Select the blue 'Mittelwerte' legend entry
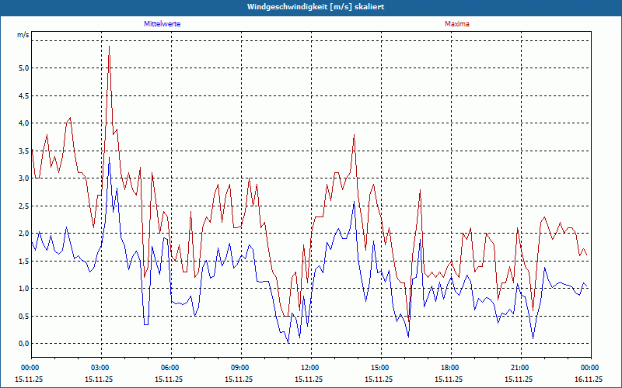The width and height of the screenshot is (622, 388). (x=162, y=24)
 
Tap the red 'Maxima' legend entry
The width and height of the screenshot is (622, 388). (x=456, y=24)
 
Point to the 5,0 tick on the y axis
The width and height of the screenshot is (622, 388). (x=23, y=68)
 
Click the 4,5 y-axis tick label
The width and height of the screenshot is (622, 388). (x=23, y=95)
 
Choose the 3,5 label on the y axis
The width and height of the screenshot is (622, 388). (x=23, y=151)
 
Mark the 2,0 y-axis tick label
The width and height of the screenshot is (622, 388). (x=23, y=234)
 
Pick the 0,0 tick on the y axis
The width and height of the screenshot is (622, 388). (x=23, y=344)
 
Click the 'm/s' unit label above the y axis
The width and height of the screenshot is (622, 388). (x=23, y=35)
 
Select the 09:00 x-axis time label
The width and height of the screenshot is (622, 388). (x=239, y=367)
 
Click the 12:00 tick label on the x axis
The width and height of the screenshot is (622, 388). (x=309, y=367)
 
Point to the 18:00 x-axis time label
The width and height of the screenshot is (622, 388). (x=449, y=367)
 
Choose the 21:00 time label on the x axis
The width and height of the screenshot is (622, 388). (x=519, y=367)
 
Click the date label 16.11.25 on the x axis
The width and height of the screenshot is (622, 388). (x=589, y=379)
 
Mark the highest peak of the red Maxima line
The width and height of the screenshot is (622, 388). (x=109, y=47)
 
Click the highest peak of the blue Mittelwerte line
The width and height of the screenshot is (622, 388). (x=109, y=157)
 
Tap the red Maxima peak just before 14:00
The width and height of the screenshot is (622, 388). (x=354, y=135)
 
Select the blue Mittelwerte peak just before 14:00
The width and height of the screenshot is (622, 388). (x=354, y=202)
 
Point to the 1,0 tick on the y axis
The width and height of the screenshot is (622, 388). (x=23, y=289)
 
